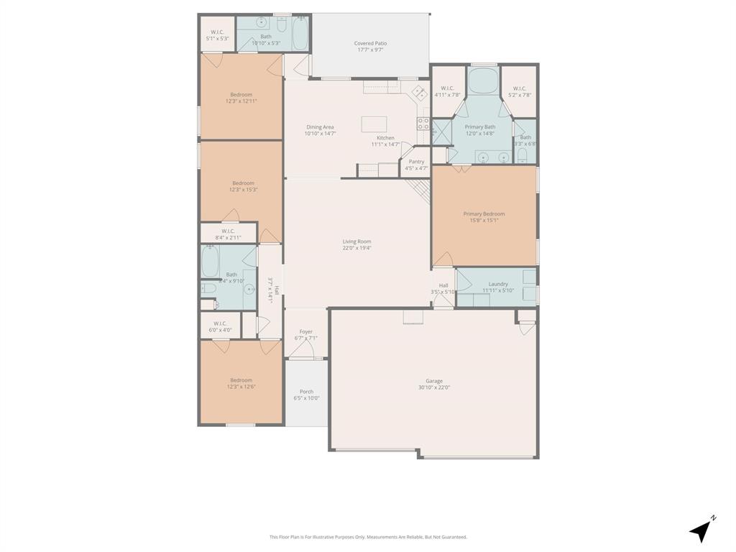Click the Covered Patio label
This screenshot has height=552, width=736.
pos(370,43)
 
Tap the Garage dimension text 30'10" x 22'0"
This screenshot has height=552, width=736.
pos(433,388)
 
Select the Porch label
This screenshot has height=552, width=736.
pos(306,392)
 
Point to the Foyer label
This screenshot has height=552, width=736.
pos(305,332)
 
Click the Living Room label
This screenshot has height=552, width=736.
pos(356,241)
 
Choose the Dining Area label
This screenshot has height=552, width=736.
pos(320,127)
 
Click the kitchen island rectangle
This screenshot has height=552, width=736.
pos(374,124)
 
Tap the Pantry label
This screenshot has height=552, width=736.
pos(416,162)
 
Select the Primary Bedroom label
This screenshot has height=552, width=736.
pos(484,213)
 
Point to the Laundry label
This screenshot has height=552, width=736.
pos(498,284)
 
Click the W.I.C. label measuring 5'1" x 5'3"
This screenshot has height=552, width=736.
pos(217,32)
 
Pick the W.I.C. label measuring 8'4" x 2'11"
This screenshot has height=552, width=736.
pos(228,231)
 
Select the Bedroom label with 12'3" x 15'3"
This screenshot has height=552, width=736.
pos(243,183)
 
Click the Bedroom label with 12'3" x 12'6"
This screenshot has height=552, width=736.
pos(241,380)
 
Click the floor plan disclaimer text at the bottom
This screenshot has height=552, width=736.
pos(368,537)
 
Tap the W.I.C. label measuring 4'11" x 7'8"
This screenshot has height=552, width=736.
pos(447,88)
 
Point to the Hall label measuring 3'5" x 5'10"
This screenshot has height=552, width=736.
pos(443,285)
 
